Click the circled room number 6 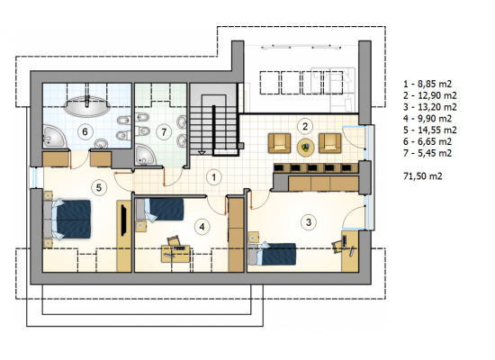click(85, 131)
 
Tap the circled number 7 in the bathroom click(164, 131)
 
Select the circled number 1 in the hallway click(214, 177)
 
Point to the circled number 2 click(305, 126)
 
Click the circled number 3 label click(309, 222)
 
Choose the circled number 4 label click(202, 227)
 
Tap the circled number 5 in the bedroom click(99, 187)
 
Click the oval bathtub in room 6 click(87, 106)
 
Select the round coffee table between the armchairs click(306, 147)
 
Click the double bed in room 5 click(67, 219)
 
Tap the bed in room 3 click(272, 254)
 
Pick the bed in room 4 click(159, 209)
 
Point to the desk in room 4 click(175, 254)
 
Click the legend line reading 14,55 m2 click(429, 130)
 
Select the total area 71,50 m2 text click(423, 176)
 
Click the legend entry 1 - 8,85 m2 click(427, 84)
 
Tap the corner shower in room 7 click(145, 156)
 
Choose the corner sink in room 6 click(53, 137)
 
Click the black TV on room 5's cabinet click(124, 220)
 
